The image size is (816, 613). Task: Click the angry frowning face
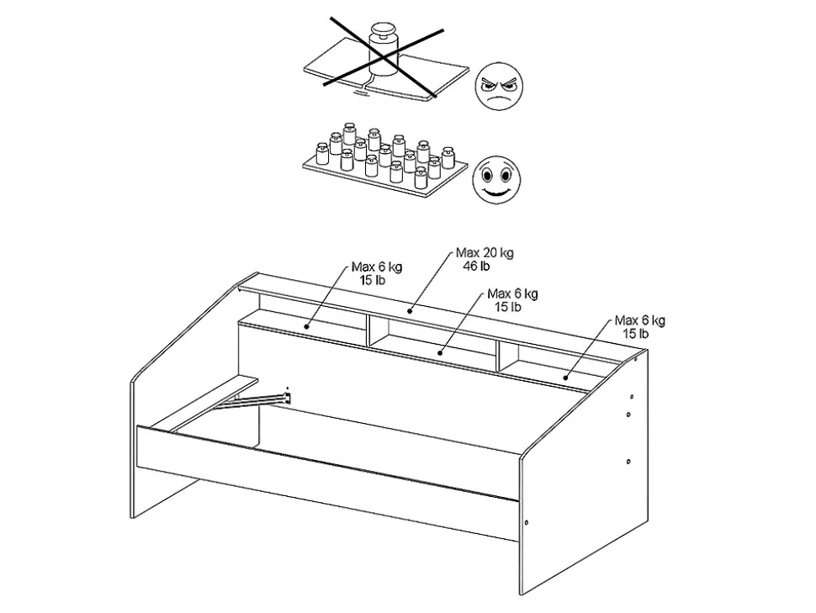pos(499,87)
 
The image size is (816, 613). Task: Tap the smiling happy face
pos(496,180)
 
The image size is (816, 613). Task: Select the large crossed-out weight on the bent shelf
pos(384,50)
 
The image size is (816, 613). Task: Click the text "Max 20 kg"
pos(485,253)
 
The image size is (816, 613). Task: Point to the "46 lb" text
pos(477,267)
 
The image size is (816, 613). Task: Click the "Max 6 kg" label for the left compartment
pos(377,267)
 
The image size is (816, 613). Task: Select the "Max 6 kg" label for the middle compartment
pos(512,294)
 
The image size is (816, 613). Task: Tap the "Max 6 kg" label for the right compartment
pos(639,320)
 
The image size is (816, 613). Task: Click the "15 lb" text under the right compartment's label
pos(636,334)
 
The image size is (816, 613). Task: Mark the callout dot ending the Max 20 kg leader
pos(410,311)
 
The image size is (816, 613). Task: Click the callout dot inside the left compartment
pos(306,327)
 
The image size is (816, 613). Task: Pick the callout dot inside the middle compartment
pos(440,353)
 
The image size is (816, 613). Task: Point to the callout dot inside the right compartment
pos(565,377)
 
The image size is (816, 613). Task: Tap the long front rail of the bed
pos(328,483)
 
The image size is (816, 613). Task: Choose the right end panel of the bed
pos(584,473)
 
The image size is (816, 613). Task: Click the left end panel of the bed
pos(193,395)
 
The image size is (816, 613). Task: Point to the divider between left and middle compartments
pos(368,330)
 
